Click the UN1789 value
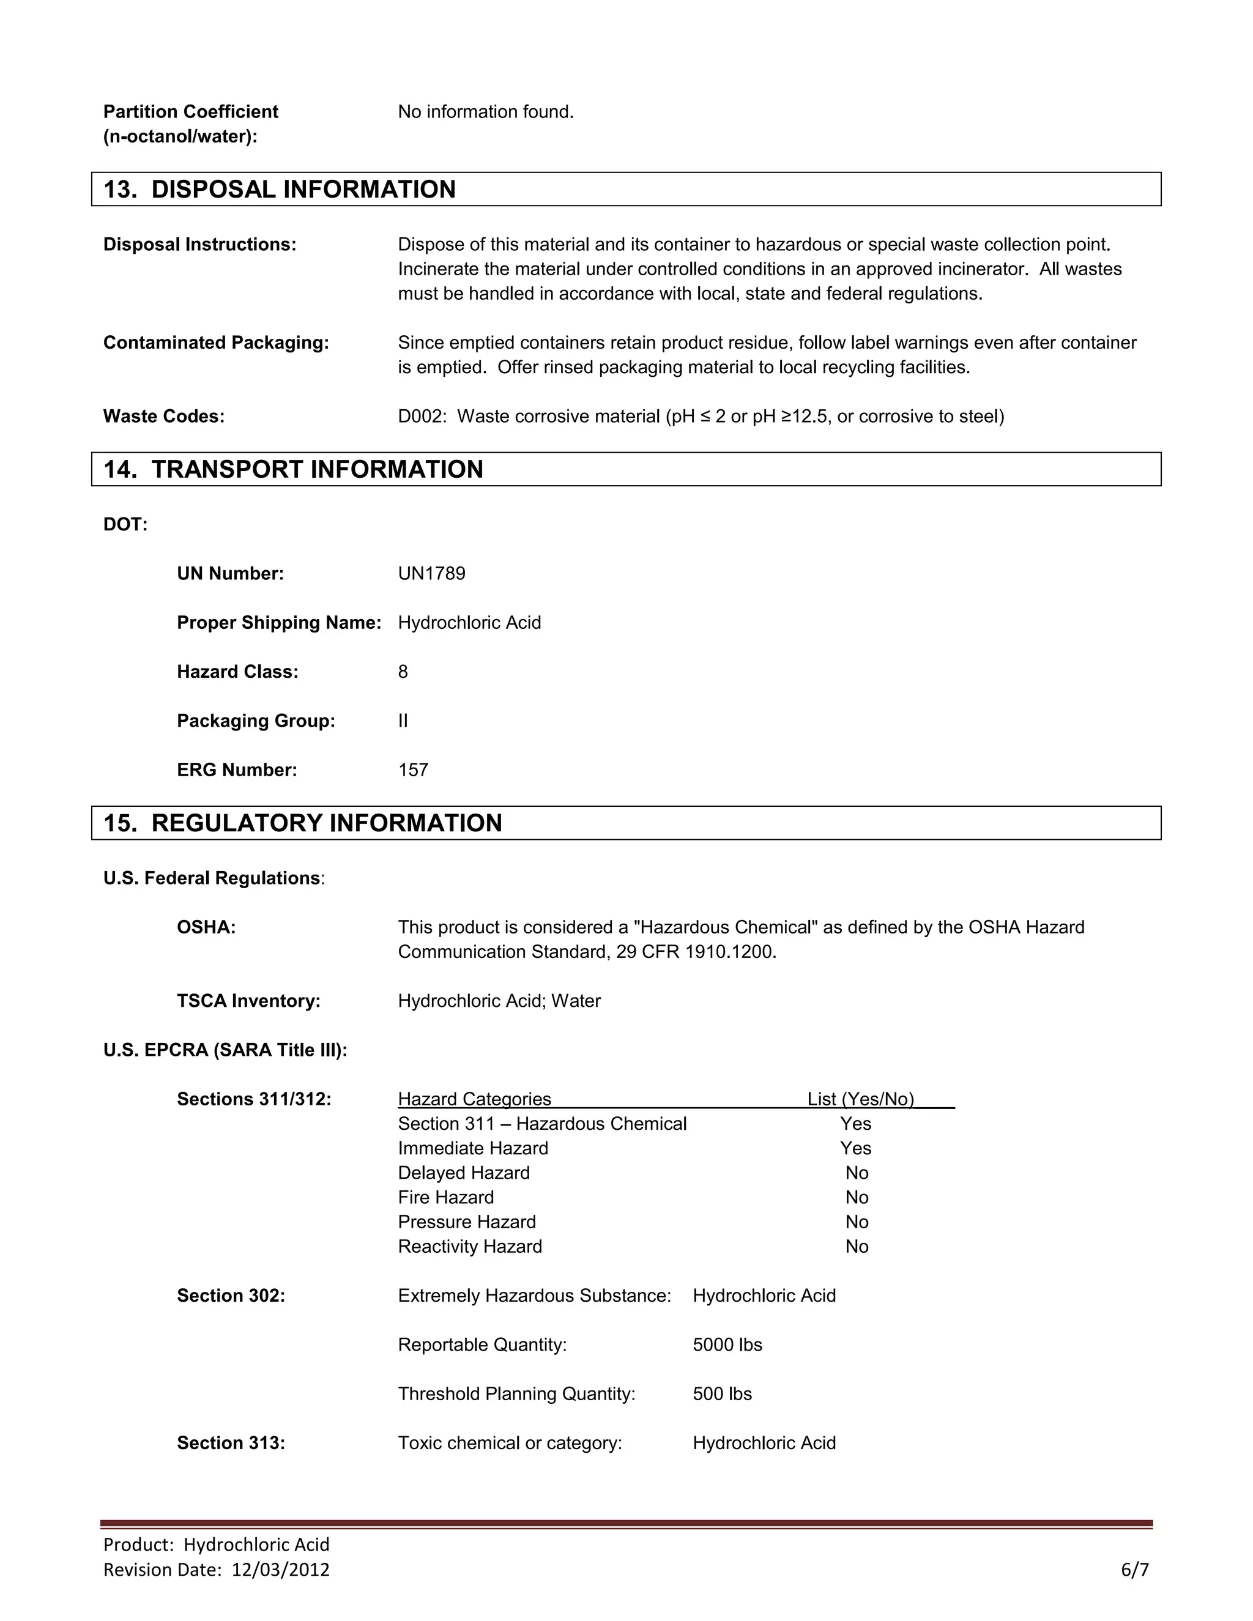pyautogui.click(x=431, y=574)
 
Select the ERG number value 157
pyautogui.click(x=413, y=770)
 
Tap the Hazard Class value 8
pyautogui.click(x=403, y=672)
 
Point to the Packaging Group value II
pyautogui.click(x=403, y=721)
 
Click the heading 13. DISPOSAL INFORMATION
pyautogui.click(x=279, y=189)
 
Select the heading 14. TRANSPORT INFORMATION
pyautogui.click(x=293, y=469)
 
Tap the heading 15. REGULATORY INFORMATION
pyautogui.click(x=303, y=823)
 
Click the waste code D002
pyautogui.click(x=421, y=417)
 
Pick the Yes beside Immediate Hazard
pyautogui.click(x=856, y=1148)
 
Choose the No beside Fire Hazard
pyautogui.click(x=857, y=1197)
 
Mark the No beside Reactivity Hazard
pyautogui.click(x=857, y=1246)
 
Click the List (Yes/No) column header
pyautogui.click(x=860, y=1099)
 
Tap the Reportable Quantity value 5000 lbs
pyautogui.click(x=727, y=1345)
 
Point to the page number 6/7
pyautogui.click(x=1135, y=1569)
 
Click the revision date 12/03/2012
pyautogui.click(x=281, y=1569)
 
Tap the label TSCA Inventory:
pyautogui.click(x=248, y=1001)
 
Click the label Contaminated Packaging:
pyautogui.click(x=216, y=343)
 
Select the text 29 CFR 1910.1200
pyautogui.click(x=696, y=952)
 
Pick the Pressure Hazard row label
pyautogui.click(x=467, y=1222)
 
